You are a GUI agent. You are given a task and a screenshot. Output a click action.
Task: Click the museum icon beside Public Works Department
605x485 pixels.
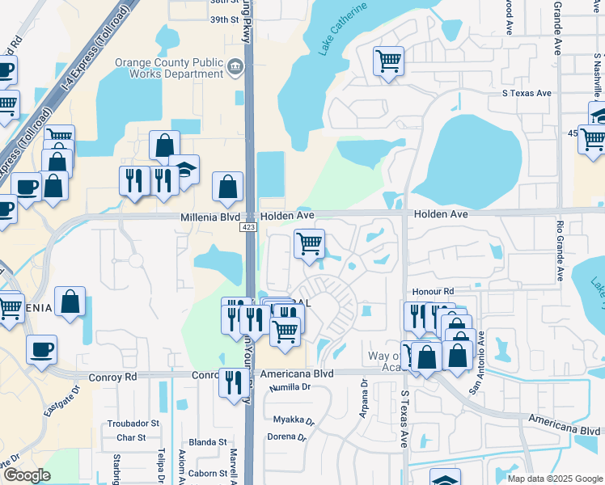coord(235,65)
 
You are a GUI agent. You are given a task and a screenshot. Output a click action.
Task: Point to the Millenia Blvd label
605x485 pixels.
coord(209,217)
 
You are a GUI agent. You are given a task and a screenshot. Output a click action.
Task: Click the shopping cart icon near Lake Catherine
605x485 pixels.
coord(388,61)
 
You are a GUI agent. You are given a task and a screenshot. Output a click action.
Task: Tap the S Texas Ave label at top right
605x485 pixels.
coord(527,93)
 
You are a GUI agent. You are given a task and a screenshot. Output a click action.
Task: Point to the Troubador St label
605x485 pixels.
coord(133,423)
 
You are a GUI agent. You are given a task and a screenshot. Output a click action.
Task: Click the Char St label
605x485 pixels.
coord(130,437)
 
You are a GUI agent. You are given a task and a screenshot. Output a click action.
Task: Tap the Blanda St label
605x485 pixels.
coord(207,442)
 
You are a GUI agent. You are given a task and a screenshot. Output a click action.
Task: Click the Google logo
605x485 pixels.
coord(27,474)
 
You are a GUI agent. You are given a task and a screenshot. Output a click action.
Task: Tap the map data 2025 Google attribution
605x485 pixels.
coord(553,479)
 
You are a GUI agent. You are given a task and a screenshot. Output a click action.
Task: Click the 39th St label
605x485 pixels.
coord(225,19)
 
